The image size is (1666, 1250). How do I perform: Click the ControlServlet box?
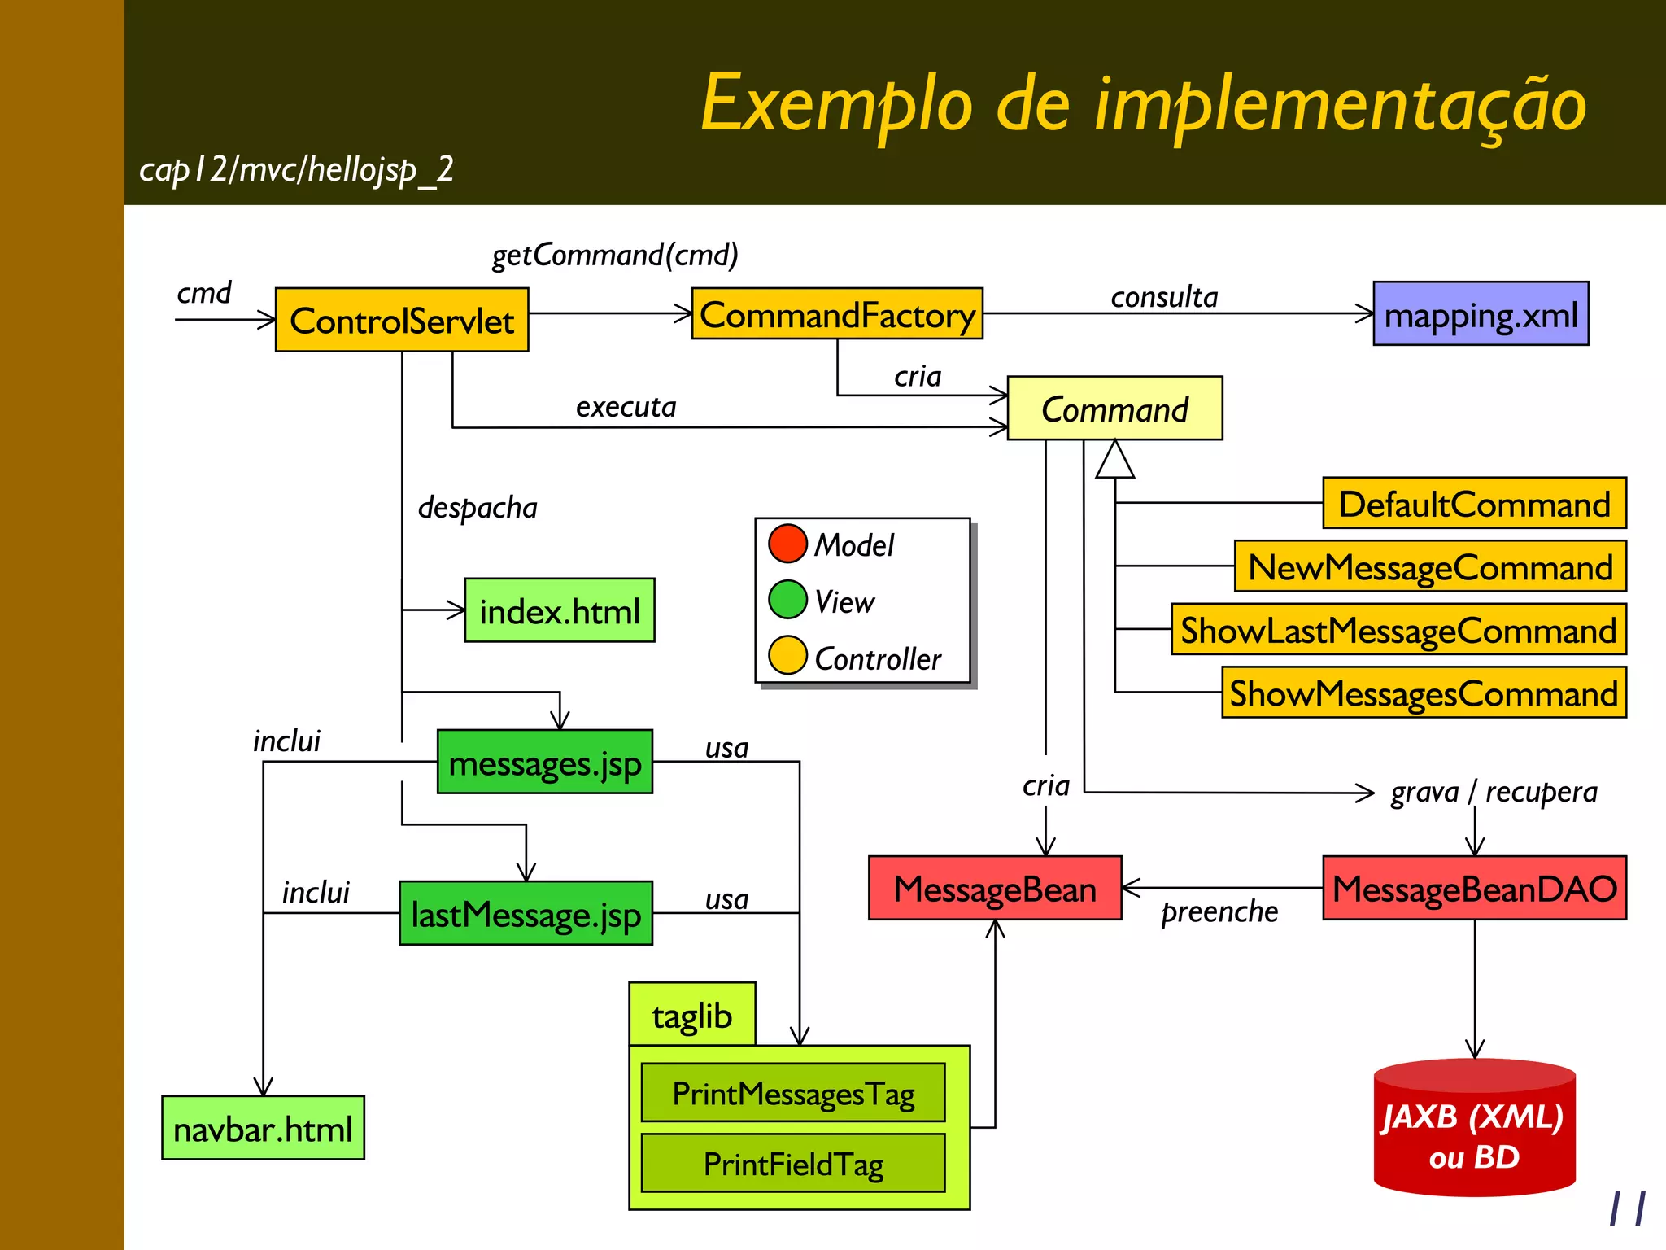[402, 320]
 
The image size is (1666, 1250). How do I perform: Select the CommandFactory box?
[837, 314]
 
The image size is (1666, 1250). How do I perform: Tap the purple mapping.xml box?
[1481, 314]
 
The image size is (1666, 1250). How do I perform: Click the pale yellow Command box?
[1114, 409]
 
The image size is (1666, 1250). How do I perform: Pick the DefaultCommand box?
[1474, 504]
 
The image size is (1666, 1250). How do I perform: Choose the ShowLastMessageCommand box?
[1398, 630]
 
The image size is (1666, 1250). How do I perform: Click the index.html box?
[560, 611]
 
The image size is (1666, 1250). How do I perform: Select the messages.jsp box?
[545, 763]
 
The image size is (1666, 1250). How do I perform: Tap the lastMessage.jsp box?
[526, 914]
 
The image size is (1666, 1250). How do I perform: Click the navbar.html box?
[263, 1129]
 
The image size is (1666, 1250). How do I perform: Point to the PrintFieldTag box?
[793, 1164]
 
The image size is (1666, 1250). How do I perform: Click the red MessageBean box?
[995, 889]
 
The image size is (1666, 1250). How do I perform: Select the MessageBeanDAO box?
[1474, 889]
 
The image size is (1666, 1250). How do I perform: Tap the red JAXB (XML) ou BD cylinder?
[1474, 1131]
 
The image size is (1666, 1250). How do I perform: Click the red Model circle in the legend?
[787, 544]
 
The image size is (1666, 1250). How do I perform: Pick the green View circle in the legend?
[787, 600]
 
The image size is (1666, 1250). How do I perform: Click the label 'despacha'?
[478, 507]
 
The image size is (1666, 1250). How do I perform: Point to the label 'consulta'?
[1164, 297]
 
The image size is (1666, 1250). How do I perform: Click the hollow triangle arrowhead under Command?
[1114, 461]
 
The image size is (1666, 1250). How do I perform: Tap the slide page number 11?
[1628, 1208]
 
